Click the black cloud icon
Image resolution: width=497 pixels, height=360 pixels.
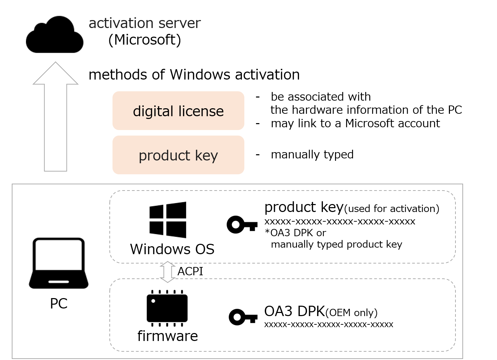point(55,36)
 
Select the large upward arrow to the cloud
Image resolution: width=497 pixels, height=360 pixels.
point(55,118)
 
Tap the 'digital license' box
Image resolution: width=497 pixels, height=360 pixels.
point(178,111)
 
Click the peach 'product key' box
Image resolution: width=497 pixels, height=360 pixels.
point(178,155)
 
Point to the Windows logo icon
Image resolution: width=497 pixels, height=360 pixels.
point(168,220)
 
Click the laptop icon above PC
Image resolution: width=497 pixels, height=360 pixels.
point(58,263)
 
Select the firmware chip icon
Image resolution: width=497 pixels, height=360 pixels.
point(167,308)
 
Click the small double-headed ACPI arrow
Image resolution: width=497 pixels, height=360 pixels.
point(168,272)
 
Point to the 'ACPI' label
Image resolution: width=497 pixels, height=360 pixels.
point(190,271)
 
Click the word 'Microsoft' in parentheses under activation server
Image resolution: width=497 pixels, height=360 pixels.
point(145,40)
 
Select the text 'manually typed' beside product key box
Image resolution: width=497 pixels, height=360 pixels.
point(312,154)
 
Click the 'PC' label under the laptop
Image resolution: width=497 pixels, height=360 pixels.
point(58,304)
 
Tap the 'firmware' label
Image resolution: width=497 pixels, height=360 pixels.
point(168,336)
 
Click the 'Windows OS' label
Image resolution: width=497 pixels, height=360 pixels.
point(172,249)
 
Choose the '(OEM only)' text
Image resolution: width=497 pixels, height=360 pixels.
point(351,313)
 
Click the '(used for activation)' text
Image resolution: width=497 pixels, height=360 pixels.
point(392,209)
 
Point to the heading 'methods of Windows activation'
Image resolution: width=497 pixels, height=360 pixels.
point(194,75)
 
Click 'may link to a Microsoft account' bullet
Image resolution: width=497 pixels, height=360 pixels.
point(355,123)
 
